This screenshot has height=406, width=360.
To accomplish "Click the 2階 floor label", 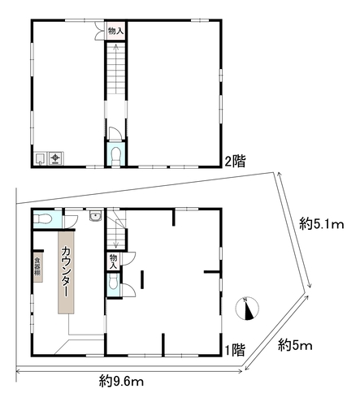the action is point(235,162).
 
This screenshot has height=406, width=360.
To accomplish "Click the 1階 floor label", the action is point(235,350).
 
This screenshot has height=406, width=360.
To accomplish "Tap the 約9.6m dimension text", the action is point(121,382).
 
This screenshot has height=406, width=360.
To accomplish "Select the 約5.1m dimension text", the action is point(322,224).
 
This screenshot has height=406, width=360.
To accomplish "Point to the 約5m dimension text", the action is point(295,345).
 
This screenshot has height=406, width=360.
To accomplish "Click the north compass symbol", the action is point(247,309).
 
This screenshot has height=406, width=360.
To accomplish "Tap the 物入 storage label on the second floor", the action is point(115,31).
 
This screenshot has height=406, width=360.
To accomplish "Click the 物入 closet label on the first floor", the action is point(113,261).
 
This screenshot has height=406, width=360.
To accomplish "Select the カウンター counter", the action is point(66,272).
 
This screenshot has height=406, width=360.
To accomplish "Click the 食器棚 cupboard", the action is point(38,267).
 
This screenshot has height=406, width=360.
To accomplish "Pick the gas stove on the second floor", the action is point(56,158).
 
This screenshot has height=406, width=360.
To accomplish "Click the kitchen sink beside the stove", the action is point(41,158).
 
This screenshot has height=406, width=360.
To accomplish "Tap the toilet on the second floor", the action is point(116,156).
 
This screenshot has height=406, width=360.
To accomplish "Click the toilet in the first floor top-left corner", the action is point(42,218).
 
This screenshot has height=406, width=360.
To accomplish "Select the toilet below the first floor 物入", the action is point(113,283).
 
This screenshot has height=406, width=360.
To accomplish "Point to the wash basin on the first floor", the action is point(95,216).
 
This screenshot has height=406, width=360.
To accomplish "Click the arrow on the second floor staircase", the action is point(115,69).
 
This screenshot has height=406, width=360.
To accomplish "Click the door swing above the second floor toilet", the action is point(115,134).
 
